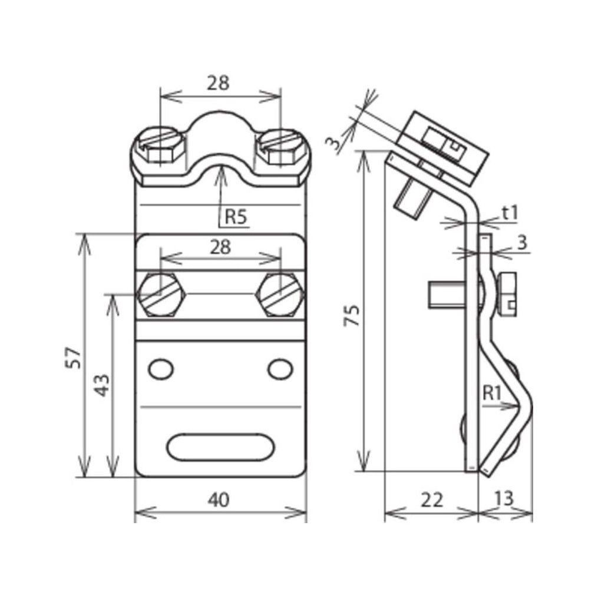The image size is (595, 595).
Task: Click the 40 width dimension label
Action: click(x=219, y=500)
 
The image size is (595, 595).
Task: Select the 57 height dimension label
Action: click(x=73, y=358)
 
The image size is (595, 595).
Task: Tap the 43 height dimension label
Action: click(x=101, y=385)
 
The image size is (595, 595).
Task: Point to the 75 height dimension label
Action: click(x=351, y=315)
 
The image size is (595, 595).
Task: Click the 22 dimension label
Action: click(x=432, y=500)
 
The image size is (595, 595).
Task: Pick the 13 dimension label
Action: click(x=504, y=498)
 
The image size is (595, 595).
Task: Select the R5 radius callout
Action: click(x=236, y=217)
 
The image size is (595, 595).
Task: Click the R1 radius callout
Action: click(x=492, y=393)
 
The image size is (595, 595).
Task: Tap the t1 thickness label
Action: click(x=510, y=213)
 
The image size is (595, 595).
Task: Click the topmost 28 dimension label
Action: click(x=218, y=82)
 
